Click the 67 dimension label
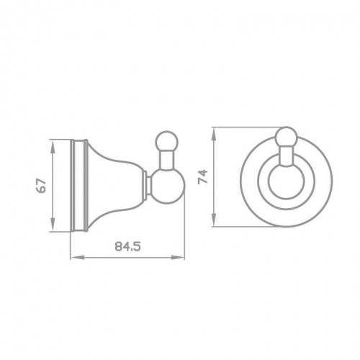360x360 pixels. tap(41, 185)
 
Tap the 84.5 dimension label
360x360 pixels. tap(127, 246)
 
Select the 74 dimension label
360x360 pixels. tap(203, 176)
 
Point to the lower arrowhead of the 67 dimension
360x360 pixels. tap(53, 224)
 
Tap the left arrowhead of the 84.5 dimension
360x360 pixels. tap(78, 258)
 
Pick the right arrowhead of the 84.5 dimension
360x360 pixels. tap(177, 258)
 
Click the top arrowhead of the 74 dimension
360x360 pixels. tap(214, 135)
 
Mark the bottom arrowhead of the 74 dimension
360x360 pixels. tap(214, 219)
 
